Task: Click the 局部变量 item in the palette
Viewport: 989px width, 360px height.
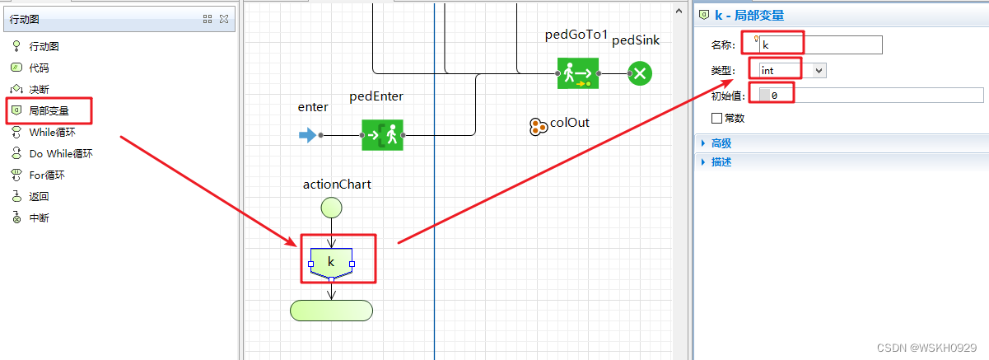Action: pyautogui.click(x=49, y=110)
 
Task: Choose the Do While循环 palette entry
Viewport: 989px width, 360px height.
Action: pyautogui.click(x=60, y=153)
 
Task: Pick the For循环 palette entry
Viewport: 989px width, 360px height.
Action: pyautogui.click(x=46, y=175)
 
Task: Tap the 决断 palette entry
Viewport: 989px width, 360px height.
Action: pyautogui.click(x=39, y=89)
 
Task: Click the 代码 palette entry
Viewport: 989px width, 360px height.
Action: pyautogui.click(x=39, y=68)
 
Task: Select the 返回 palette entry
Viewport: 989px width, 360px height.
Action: pyautogui.click(x=39, y=196)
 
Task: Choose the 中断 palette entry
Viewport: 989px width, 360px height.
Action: pyautogui.click(x=39, y=217)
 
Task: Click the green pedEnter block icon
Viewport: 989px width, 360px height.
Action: pyautogui.click(x=382, y=135)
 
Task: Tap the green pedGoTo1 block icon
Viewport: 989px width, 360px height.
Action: pyautogui.click(x=577, y=73)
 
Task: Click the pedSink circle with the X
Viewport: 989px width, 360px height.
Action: pyautogui.click(x=640, y=73)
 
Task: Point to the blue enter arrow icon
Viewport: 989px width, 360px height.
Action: pyautogui.click(x=307, y=135)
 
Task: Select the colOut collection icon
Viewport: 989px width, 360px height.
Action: pyautogui.click(x=538, y=126)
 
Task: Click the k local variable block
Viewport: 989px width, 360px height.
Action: pyautogui.click(x=331, y=260)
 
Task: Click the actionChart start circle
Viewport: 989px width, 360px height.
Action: pyautogui.click(x=331, y=207)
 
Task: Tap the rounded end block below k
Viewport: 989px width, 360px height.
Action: pyautogui.click(x=331, y=310)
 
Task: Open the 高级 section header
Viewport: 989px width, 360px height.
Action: pyautogui.click(x=721, y=143)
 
